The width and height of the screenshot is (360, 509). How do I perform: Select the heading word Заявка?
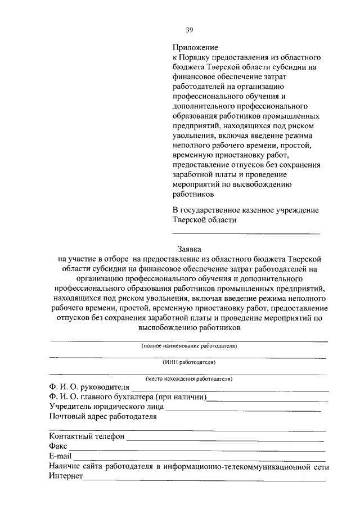click(189, 248)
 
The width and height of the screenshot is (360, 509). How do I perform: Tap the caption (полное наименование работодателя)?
click(189, 346)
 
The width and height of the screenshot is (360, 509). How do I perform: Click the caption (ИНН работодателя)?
click(189, 363)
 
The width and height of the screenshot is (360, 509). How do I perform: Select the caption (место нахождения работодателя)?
click(189, 379)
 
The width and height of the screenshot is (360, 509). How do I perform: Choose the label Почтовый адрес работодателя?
click(102, 417)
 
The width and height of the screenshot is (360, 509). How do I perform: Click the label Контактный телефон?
click(87, 436)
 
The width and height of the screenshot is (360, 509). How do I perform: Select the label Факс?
click(58, 446)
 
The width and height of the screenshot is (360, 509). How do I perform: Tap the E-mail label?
click(60, 456)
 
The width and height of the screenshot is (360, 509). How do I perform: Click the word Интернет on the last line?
click(66, 476)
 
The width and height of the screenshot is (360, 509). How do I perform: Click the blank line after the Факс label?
click(197, 448)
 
